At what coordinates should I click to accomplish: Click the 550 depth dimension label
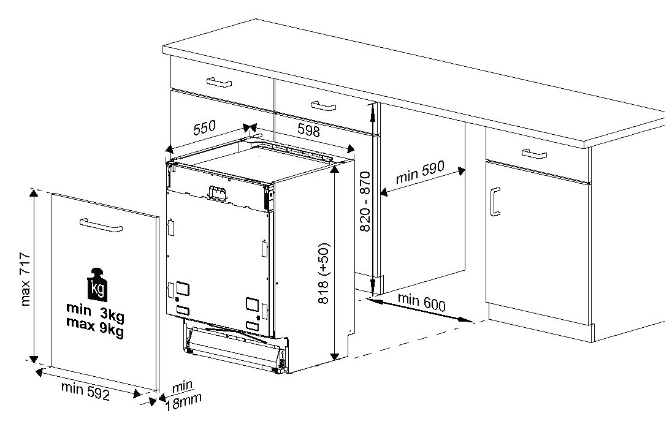[204, 127]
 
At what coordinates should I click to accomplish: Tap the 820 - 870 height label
[365, 202]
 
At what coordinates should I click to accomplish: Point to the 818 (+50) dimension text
[324, 273]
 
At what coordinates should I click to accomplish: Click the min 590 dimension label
[420, 172]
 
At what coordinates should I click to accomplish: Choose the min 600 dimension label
[422, 302]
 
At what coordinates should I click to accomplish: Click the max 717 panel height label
[25, 279]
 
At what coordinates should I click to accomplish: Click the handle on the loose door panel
[101, 224]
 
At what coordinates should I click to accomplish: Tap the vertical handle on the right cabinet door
[495, 202]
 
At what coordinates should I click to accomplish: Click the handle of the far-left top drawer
[219, 82]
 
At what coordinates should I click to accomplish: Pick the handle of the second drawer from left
[323, 105]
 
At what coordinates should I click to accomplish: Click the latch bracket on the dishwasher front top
[217, 193]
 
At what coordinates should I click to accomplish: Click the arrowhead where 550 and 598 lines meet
[250, 127]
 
